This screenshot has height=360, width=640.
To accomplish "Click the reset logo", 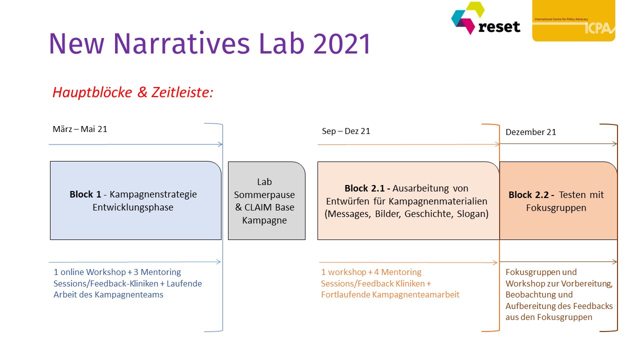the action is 485,18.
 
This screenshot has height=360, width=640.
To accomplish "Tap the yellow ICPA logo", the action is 573,20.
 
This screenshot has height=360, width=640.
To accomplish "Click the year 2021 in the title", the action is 342,43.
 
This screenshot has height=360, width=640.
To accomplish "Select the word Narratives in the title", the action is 181,43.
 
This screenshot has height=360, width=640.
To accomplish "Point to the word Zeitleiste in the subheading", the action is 182,92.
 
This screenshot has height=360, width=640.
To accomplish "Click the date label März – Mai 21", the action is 80,129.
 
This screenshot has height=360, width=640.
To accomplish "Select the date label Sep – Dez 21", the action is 346,131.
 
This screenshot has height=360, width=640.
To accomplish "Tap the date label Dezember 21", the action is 531,132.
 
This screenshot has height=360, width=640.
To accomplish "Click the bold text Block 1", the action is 85,194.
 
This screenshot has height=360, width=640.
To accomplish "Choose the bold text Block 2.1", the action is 367,188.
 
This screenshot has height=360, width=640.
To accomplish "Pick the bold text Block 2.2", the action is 531,195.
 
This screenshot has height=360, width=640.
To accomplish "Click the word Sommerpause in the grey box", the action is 264,195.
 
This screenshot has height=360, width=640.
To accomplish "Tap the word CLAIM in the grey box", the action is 258,207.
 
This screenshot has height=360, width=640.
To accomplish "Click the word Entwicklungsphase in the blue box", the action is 133,207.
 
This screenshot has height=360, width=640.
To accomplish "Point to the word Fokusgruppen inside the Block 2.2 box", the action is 556,208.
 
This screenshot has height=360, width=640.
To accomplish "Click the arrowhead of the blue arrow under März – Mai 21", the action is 220,144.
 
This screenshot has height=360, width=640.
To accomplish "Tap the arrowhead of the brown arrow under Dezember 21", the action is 615,144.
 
